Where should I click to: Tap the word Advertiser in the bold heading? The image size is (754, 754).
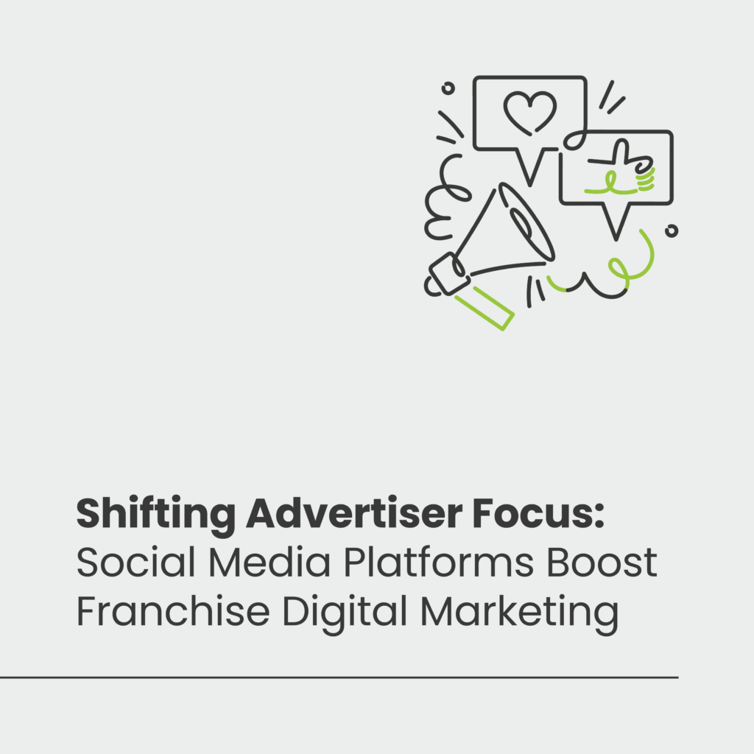pos(354,512)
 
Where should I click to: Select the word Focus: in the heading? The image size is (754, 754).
pos(538,513)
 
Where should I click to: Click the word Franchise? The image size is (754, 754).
pos(173,610)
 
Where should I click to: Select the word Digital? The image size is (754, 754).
pos(345,614)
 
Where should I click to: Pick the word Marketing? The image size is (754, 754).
pos(519,614)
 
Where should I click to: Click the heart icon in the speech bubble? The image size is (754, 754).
pos(530,113)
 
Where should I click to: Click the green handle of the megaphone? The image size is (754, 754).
pos(485,309)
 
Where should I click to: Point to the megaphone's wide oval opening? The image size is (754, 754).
pos(526,221)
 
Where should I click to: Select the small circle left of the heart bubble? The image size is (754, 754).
pos(448,88)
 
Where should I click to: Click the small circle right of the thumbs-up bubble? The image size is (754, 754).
pos(672,231)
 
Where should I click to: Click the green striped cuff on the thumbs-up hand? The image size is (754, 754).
pos(645,178)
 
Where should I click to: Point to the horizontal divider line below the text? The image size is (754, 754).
pos(339,677)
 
